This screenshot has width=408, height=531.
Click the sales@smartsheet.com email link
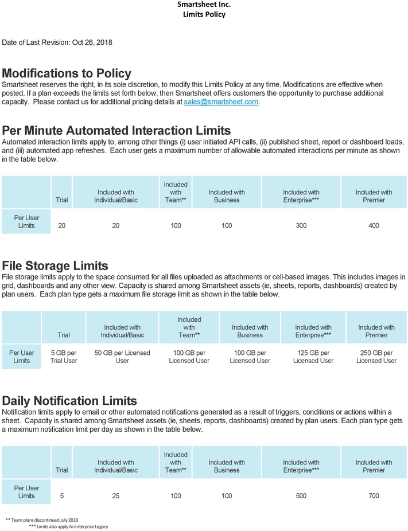[x=221, y=101]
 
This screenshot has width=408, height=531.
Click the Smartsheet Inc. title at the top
[x=204, y=5]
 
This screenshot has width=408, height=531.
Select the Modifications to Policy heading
[x=67, y=73]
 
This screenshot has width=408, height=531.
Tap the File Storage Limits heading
[x=55, y=265]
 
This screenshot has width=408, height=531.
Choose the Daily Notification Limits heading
[x=69, y=400]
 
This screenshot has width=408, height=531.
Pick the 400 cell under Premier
[x=374, y=225]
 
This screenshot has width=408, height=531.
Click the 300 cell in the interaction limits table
[x=301, y=225]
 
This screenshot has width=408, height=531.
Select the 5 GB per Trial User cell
[x=64, y=357]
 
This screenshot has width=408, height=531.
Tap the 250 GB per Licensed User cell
[x=376, y=357]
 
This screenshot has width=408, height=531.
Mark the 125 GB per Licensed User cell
[x=313, y=357]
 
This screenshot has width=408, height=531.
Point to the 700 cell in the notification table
[x=374, y=496]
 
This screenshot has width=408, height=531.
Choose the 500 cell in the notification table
[x=301, y=496]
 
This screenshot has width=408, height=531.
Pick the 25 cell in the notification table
[x=116, y=496]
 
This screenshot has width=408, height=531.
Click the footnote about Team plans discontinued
[x=41, y=520]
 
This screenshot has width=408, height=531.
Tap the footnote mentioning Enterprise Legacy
[x=68, y=526]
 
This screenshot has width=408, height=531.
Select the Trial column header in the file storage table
[x=64, y=335]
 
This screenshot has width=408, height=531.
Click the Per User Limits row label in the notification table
[x=26, y=492]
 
